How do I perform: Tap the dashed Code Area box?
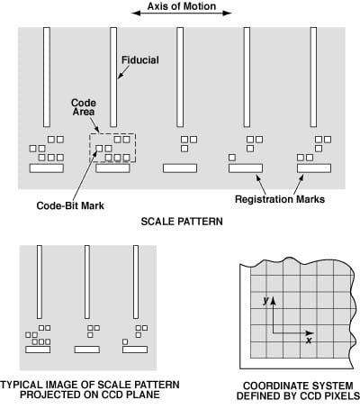112,148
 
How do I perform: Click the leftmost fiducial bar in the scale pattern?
46,77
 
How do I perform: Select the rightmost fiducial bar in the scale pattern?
314,77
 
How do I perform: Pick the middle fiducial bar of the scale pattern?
180,77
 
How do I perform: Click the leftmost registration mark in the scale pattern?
46,168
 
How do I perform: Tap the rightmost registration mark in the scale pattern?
314,168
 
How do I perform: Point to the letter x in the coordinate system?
309,341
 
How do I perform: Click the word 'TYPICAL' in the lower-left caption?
31,385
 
